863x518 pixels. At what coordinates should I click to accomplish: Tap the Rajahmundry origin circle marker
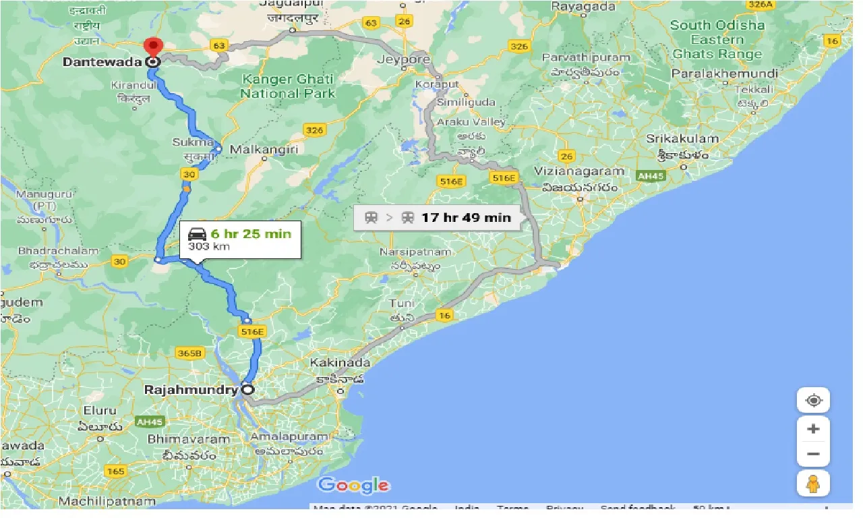(247, 389)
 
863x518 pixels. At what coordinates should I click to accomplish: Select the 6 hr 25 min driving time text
(250, 233)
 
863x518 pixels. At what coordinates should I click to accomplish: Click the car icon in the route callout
(197, 234)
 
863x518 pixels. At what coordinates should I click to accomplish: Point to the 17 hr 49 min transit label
(466, 217)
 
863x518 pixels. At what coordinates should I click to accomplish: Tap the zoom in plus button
(813, 429)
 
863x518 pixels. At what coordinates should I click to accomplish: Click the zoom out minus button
(813, 454)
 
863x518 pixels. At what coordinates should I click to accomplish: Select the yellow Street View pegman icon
(813, 484)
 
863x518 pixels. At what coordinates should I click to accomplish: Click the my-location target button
(813, 401)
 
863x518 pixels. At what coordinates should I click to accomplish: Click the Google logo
(353, 485)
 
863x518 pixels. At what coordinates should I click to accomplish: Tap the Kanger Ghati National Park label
(287, 86)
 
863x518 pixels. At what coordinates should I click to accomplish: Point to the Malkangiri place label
(264, 149)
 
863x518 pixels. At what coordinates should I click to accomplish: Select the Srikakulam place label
(682, 138)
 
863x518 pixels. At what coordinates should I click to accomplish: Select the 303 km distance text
(209, 247)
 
